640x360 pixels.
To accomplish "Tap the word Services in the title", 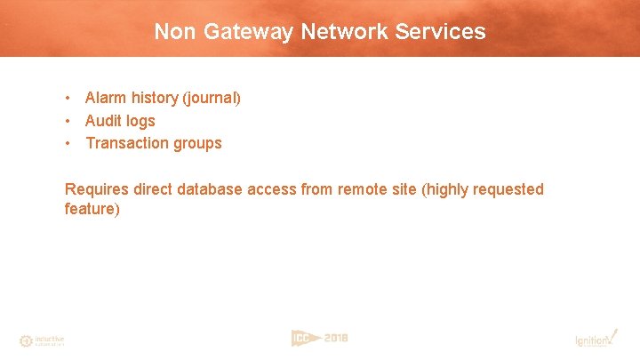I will coord(443,32).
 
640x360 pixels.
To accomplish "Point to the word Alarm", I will coord(107,98).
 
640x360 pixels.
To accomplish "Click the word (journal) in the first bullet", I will coord(212,98).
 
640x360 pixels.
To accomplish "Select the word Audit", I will coord(104,121).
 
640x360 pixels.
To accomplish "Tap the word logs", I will coord(141,121).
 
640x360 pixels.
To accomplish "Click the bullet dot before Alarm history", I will coord(68,98).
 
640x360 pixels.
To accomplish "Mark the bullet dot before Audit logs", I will coord(68,121).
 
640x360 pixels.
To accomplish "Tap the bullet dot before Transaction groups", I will coord(68,143).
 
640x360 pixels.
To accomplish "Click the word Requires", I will coord(97,189).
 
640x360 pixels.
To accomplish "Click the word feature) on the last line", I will coord(92,209).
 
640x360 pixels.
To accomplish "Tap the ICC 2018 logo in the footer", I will coord(320,338).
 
